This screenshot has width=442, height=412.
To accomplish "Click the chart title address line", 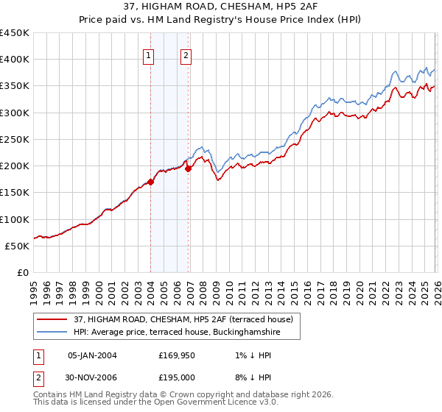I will click(x=221, y=7).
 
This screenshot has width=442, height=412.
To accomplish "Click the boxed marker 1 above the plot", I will click(x=149, y=55).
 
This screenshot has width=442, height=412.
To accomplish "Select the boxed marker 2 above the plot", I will click(x=186, y=55).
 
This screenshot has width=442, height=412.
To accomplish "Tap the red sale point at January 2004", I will click(x=150, y=182).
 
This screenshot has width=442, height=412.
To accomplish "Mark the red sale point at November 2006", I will click(x=189, y=168).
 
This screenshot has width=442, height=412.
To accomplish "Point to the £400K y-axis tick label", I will click(x=15, y=60).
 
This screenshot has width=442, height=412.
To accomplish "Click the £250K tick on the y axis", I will click(x=15, y=139).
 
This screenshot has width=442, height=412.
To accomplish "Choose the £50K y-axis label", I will click(x=18, y=246).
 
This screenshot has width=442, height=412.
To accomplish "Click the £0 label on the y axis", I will click(x=24, y=272).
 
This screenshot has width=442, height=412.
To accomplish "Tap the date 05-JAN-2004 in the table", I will click(x=92, y=355).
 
